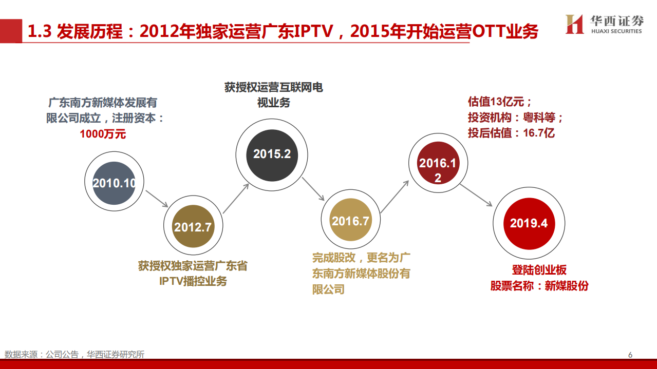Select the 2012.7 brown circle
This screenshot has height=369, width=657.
click(193, 226)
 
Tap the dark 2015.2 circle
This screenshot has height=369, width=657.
click(272, 155)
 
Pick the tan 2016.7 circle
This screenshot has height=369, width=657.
click(351, 220)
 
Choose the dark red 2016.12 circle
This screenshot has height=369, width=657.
click(438, 163)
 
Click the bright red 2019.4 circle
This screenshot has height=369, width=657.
click(529, 223)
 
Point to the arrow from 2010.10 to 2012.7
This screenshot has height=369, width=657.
click(157, 199)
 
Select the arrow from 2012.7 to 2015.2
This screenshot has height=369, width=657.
click(236, 199)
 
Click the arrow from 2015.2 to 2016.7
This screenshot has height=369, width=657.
click(313, 189)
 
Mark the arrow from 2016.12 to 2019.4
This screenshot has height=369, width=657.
click(476, 195)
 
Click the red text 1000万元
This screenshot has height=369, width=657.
click(103, 134)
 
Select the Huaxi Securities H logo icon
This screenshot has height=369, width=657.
click(575, 24)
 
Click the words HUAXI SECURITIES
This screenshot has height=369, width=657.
click(616, 31)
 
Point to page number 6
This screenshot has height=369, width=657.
click(630, 355)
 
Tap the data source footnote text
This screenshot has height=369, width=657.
click(74, 354)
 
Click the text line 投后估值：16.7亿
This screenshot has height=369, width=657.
click(511, 133)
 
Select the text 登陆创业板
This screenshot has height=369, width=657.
click(539, 270)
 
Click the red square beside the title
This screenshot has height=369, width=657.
click(11, 31)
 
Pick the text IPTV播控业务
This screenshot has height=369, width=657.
click(193, 281)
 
